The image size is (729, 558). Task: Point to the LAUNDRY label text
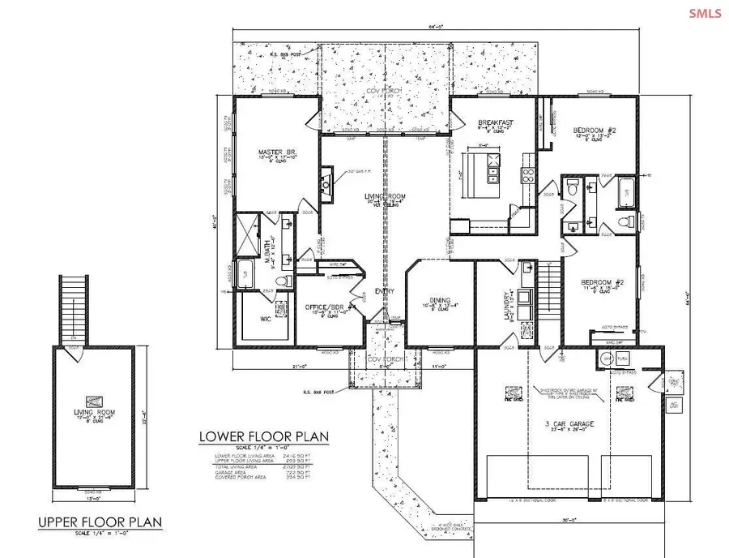tap(507, 306)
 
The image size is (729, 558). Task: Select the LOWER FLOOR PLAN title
tap(264, 437)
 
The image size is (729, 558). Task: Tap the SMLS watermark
tap(704, 14)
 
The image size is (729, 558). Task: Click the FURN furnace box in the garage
tap(625, 358)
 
